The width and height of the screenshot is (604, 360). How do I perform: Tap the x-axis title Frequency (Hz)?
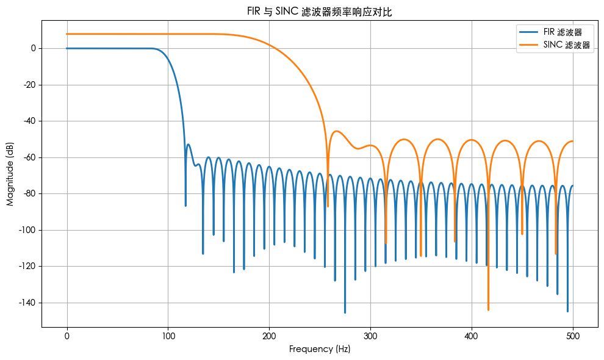point(319,349)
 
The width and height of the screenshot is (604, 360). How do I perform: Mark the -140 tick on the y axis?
point(28,303)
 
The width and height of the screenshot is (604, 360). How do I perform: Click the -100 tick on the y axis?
point(28,230)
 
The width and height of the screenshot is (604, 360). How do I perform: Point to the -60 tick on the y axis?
point(30,157)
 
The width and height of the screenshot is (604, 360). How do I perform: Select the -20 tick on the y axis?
point(30,85)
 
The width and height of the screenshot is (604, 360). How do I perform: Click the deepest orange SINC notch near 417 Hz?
point(488,309)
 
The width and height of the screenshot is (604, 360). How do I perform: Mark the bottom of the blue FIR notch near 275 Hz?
point(345,312)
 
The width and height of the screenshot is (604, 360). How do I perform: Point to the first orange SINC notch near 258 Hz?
point(328,206)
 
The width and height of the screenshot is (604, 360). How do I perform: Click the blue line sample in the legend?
point(528,31)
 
